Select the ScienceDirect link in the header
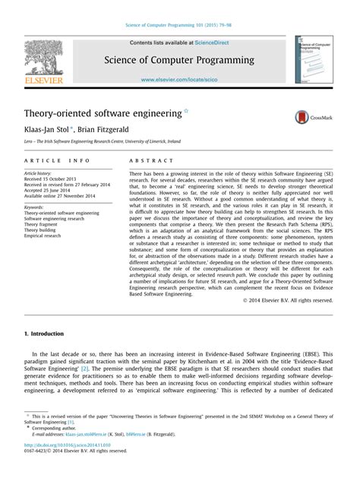[x=211, y=43]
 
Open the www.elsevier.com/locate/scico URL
[x=179, y=79]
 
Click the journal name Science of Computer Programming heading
[x=179, y=60]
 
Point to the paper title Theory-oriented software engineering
[x=102, y=113]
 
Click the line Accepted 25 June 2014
[x=49, y=189]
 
